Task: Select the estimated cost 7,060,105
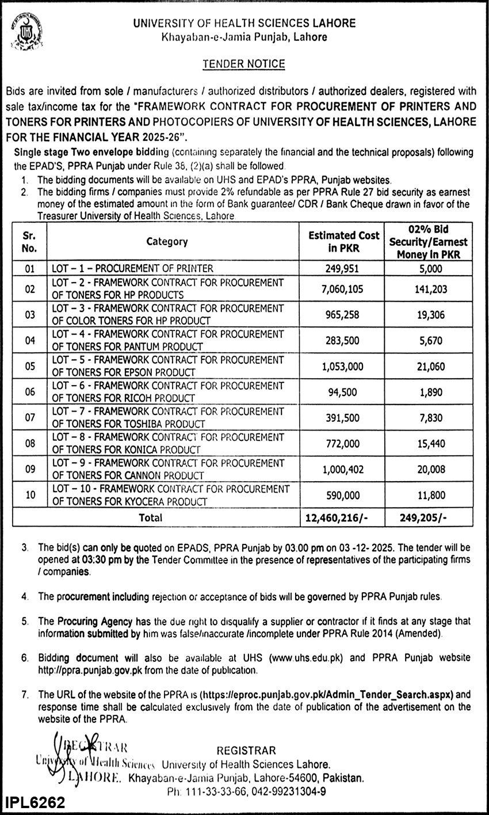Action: [343, 290]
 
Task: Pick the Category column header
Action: [167, 242]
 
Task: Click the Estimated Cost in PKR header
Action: [344, 241]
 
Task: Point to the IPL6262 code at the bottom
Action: [36, 802]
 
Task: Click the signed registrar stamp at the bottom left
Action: [81, 763]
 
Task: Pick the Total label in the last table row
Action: [151, 517]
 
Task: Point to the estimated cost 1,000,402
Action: [343, 470]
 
